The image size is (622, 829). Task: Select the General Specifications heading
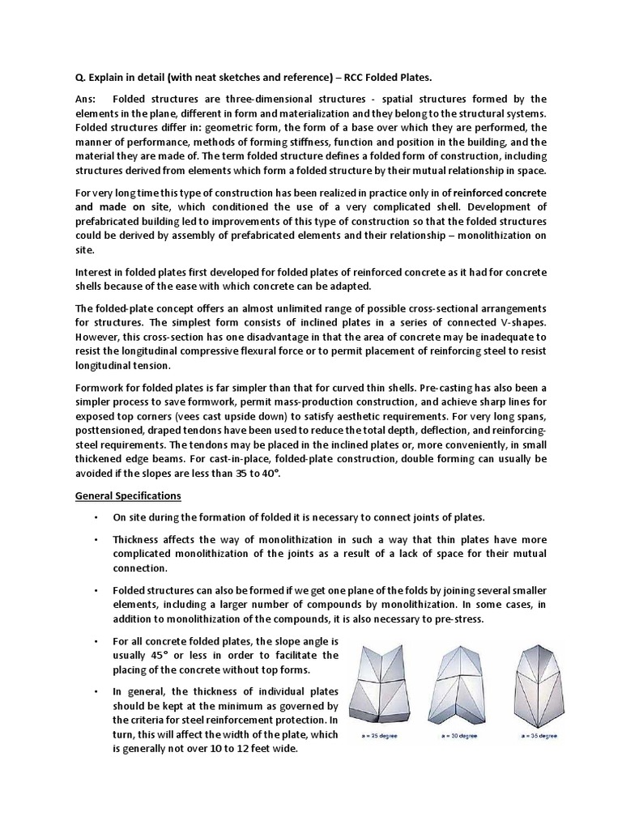[128, 495]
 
